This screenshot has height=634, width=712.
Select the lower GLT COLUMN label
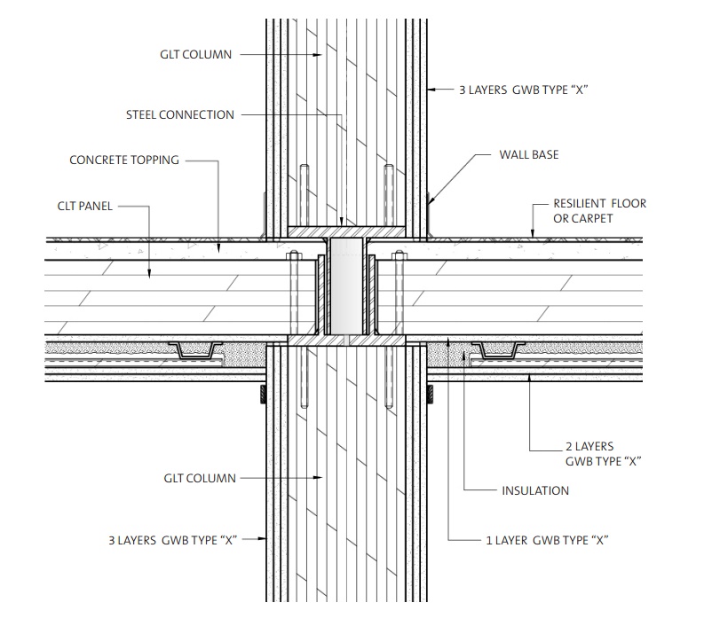click(x=200, y=478)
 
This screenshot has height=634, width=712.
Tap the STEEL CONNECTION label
click(x=180, y=114)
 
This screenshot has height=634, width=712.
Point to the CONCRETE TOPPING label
click(x=124, y=160)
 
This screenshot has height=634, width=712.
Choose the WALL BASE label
click(x=529, y=154)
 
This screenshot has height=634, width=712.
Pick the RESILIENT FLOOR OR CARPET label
click(x=599, y=210)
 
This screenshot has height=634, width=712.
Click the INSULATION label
click(x=535, y=490)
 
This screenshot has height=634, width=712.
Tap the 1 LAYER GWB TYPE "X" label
click(x=547, y=539)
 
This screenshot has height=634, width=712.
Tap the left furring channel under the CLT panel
click(x=195, y=352)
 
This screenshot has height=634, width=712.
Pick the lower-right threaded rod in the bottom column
click(x=389, y=381)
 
